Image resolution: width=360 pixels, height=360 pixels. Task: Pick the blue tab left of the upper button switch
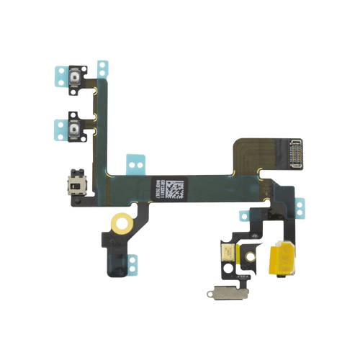tap(58, 75)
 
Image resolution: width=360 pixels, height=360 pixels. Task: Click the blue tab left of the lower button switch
tap(58, 130)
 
